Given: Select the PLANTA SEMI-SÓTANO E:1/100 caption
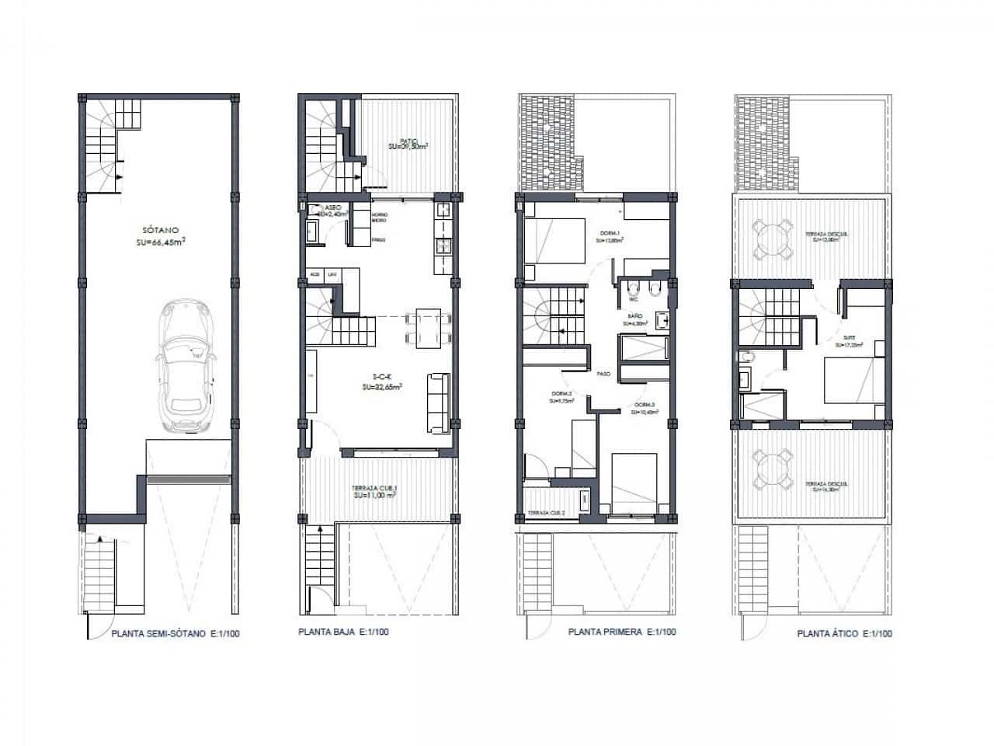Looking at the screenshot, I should coord(176,633).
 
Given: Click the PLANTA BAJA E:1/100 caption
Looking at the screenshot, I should coord(343,633).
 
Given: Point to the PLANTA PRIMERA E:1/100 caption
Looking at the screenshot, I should coord(622,633).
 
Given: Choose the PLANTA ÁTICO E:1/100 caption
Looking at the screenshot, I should coord(844,633).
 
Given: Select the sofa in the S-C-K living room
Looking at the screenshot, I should coord(437,403).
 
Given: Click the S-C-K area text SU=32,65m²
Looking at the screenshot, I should coord(382,386).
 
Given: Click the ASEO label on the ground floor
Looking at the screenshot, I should coord(332,207).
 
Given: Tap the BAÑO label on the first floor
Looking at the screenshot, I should coord(634,316).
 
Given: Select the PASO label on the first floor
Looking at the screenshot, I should coord(603,374).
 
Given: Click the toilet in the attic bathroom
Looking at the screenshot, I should coord(745,357).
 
